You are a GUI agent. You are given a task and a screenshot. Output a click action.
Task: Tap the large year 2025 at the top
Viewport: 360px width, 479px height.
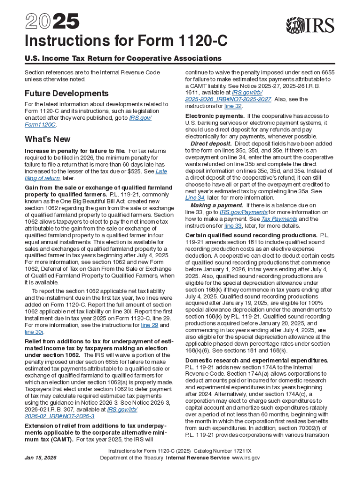point(45,22)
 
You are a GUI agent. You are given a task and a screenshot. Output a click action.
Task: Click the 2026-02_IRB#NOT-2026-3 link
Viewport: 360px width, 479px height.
point(59,416)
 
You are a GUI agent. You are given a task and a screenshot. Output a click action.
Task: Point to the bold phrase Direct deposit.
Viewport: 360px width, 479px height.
point(211,143)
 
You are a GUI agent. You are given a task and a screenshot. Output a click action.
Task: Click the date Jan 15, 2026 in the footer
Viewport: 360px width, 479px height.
point(40,458)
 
